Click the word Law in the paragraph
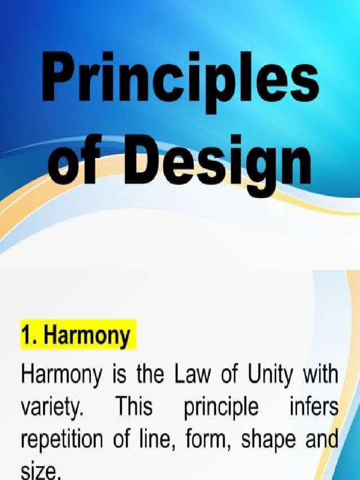coord(191,376)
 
